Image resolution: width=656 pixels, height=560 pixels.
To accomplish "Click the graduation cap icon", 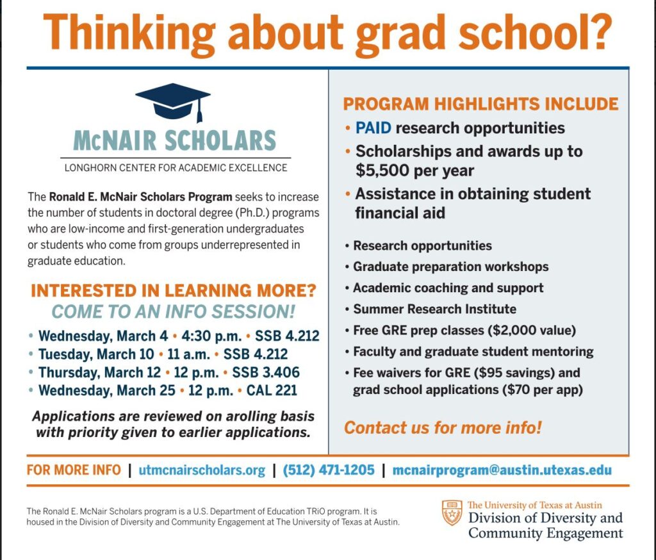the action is coord(173,101).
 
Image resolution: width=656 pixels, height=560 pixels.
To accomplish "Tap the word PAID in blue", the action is coord(373,128).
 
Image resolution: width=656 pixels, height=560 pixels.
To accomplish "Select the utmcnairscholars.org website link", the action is coord(202,470).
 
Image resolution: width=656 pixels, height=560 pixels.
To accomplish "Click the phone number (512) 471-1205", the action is coord(328,470).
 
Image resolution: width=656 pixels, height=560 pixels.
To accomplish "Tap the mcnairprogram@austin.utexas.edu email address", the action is coord(502,470).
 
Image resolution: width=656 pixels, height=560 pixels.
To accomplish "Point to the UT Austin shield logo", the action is coord(452,513).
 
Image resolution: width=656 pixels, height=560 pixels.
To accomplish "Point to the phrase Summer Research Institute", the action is coord(434,309).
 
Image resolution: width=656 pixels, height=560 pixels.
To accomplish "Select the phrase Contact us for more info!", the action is coord(443,427).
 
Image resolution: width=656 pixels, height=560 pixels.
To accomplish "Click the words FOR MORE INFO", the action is coord(74,470).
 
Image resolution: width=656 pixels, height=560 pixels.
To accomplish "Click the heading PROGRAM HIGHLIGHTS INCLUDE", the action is coord(480,104).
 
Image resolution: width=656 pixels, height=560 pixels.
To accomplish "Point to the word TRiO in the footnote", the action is coord(310,511).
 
